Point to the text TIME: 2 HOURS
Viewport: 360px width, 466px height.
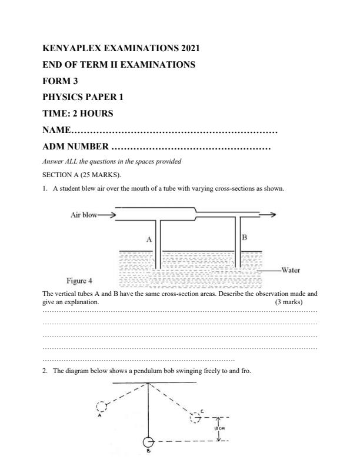click(78, 113)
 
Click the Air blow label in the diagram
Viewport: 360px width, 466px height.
click(83, 215)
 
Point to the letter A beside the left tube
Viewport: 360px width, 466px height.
click(149, 239)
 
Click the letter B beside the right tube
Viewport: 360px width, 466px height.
click(245, 237)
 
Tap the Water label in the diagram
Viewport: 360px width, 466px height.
click(291, 271)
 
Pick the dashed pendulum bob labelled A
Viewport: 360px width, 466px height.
click(101, 406)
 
